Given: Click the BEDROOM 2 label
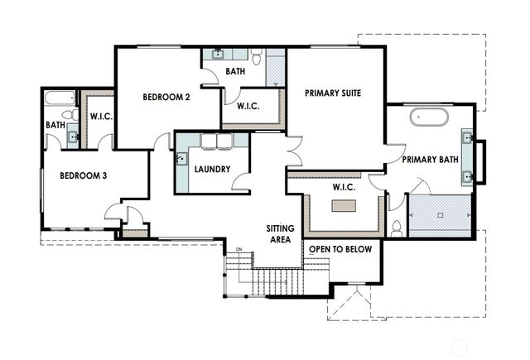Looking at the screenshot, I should click(166, 97).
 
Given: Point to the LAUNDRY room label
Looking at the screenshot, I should click(212, 170).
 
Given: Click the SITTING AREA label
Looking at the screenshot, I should click(279, 233).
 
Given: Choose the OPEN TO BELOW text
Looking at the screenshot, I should click(340, 248).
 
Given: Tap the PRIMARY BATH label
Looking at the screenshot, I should click(431, 160).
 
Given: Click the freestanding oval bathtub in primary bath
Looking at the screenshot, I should click(430, 117).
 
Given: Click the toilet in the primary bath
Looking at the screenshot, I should click(397, 227).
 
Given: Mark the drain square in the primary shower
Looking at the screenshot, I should click(441, 214).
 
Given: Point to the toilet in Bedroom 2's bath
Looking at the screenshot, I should click(257, 58).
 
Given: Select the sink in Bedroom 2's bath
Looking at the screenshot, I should click(218, 55).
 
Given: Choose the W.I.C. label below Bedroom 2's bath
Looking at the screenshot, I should click(249, 106).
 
